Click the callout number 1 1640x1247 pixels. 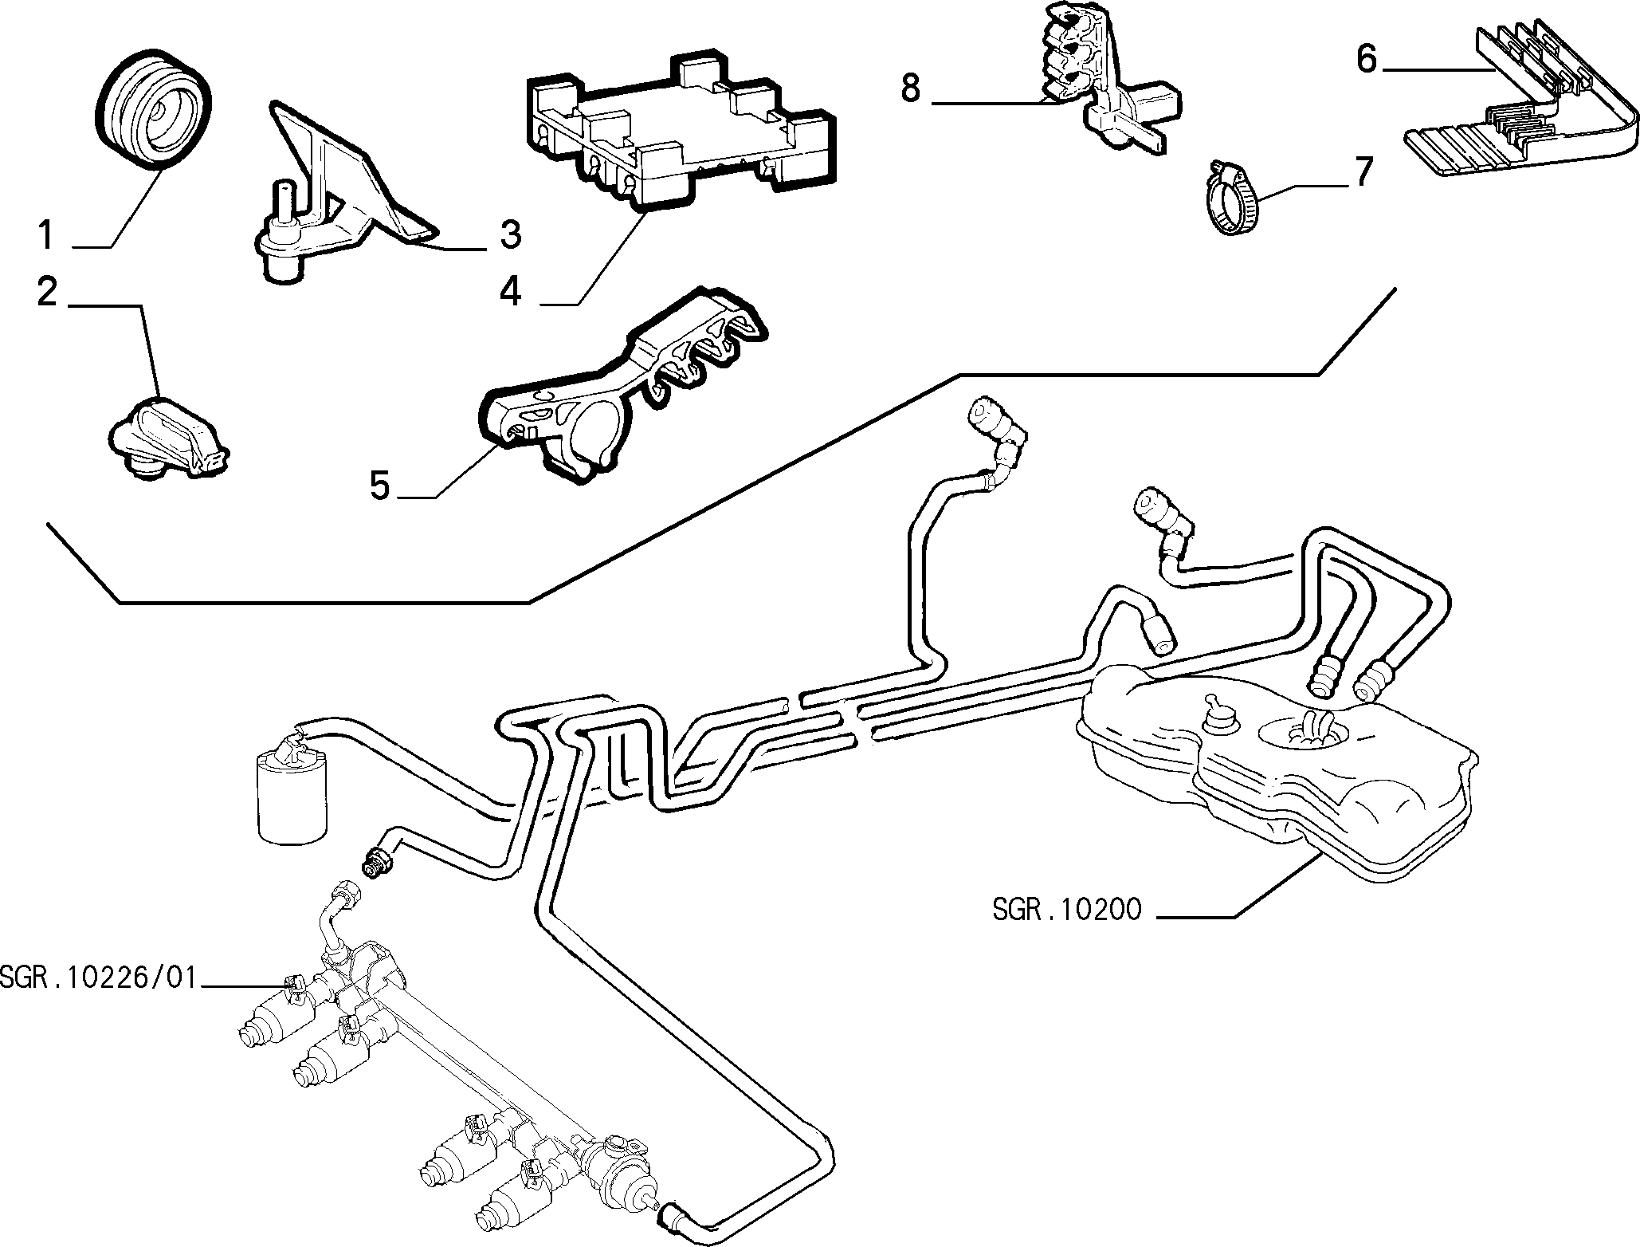(46, 237)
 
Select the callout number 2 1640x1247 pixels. (47, 293)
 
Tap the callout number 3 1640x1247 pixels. (510, 234)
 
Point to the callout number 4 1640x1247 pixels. (510, 293)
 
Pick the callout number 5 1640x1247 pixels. (380, 486)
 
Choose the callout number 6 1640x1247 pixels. (1367, 59)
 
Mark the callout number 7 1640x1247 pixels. (1363, 173)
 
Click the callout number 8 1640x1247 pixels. (911, 89)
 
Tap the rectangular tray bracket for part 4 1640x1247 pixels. (681, 136)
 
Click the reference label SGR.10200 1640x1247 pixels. (1066, 911)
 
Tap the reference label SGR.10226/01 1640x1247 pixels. (97, 977)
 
